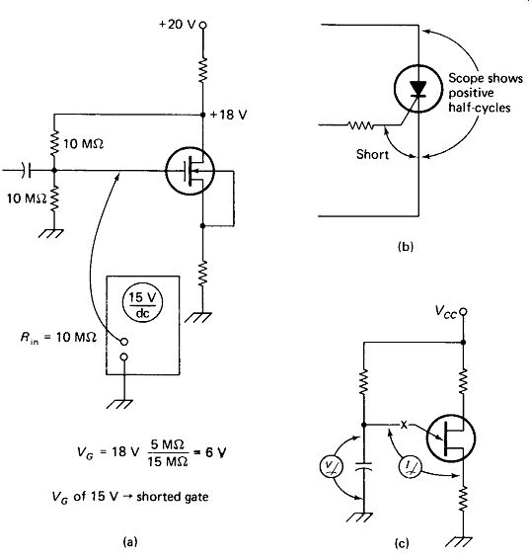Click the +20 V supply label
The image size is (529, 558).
[x=177, y=25]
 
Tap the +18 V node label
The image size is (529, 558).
[x=228, y=115]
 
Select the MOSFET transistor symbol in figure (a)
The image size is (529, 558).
[x=189, y=171]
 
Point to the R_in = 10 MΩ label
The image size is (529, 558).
[x=58, y=337]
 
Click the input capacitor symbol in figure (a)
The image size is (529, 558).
[x=26, y=171]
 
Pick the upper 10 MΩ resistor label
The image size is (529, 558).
[x=84, y=144]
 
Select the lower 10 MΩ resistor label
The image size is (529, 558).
[x=27, y=199]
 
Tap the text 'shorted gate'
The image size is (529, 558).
[x=173, y=496]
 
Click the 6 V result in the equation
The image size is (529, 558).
[x=216, y=452]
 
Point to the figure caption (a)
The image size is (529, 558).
[x=129, y=541]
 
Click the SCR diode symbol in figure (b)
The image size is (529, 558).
[x=418, y=88]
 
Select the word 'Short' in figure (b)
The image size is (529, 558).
[x=372, y=154]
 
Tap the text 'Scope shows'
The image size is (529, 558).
[x=486, y=78]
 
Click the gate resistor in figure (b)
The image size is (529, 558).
[x=360, y=125]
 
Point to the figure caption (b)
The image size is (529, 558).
[x=406, y=246]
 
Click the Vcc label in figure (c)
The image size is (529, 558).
[x=445, y=312]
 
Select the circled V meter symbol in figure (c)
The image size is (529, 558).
[x=332, y=466]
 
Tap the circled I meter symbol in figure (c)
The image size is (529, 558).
[x=410, y=467]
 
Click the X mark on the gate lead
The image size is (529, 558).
[x=404, y=425]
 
